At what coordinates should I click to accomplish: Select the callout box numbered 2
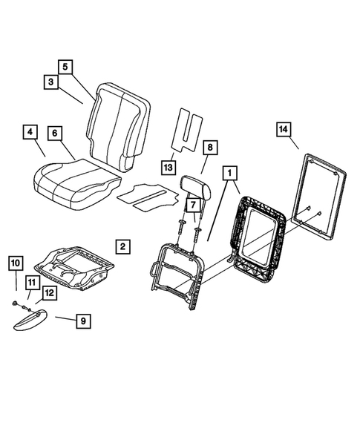(123, 246)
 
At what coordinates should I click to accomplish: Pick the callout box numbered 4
(30, 134)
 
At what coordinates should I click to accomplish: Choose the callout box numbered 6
(55, 134)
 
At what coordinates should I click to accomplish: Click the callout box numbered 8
(210, 148)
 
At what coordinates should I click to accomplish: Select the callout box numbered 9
(84, 321)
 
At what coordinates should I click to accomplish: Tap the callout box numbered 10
(16, 263)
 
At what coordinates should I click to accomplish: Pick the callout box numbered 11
(31, 282)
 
